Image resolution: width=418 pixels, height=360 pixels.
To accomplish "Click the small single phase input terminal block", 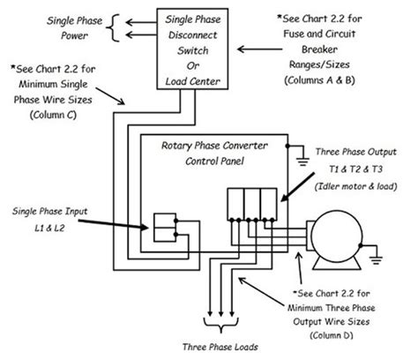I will click(166, 228).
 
